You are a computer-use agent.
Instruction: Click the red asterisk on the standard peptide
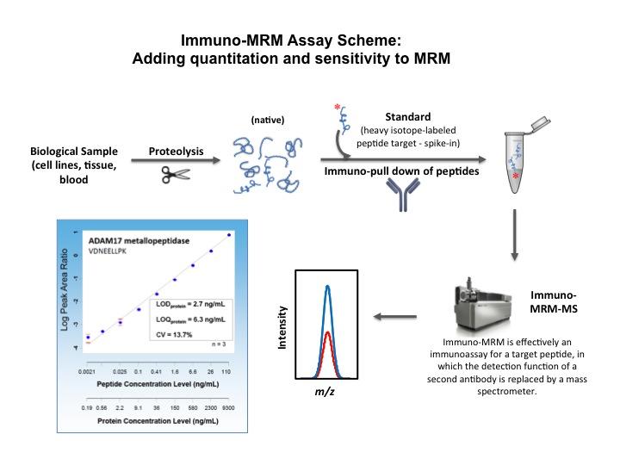[336, 108]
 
